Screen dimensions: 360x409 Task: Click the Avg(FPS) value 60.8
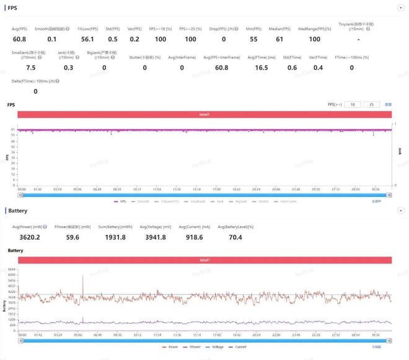19,39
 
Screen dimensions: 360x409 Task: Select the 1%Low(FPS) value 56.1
87,39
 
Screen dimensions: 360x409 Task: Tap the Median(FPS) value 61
279,39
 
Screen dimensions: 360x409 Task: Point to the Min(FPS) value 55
253,39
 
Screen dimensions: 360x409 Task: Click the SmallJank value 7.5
30,68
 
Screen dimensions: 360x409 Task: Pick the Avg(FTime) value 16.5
262,68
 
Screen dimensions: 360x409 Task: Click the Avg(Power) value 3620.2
30,237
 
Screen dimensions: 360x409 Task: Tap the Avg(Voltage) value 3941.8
155,237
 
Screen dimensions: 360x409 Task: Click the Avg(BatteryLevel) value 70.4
235,237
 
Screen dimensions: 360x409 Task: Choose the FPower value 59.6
73,237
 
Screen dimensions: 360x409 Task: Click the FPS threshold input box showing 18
353,105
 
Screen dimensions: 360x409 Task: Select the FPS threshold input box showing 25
371,105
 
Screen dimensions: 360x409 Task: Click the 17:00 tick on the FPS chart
216,190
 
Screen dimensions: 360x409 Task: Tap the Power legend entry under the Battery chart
169,348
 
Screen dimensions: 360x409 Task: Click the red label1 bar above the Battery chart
205,260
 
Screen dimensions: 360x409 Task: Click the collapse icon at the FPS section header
399,8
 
